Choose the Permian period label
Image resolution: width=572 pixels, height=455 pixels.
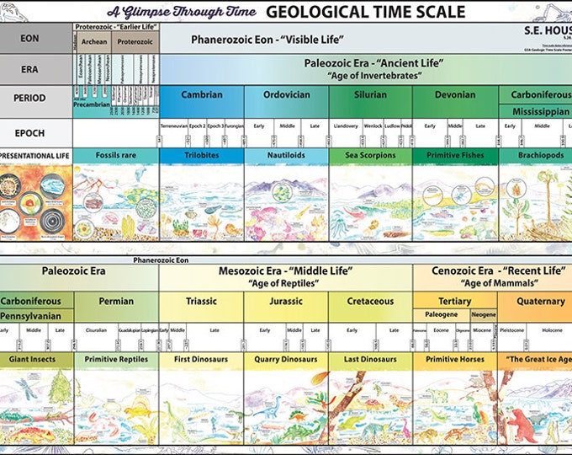click(116, 301)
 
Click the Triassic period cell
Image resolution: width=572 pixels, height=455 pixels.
click(201, 301)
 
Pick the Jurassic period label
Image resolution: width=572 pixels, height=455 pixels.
click(286, 301)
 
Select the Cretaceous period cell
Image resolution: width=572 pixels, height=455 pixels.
click(370, 301)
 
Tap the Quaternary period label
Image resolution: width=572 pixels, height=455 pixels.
click(541, 301)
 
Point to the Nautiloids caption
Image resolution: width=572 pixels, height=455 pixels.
click(286, 156)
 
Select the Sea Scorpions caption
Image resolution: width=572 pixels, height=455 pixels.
click(370, 156)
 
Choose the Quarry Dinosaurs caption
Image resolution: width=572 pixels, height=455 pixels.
click(286, 359)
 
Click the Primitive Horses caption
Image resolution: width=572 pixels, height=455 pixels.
click(455, 359)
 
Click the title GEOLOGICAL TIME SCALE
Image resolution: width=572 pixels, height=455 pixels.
click(365, 11)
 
